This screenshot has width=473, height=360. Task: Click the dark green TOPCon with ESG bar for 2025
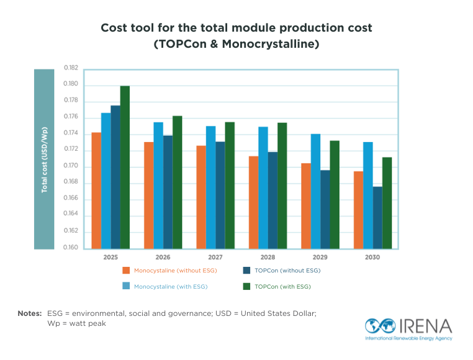tap(125, 168)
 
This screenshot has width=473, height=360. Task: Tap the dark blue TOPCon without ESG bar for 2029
tap(325, 209)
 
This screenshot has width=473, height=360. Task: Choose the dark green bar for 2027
tap(230, 186)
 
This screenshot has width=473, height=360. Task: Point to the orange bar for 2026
tap(148, 196)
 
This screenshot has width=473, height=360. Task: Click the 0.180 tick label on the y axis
tap(71, 84)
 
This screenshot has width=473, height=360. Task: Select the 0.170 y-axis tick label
tap(71, 166)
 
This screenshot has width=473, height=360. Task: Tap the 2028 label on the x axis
tap(268, 256)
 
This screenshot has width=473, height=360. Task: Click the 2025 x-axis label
tap(110, 256)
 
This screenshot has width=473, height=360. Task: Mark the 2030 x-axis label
tap(372, 256)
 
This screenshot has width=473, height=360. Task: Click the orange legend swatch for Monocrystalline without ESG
tap(125, 271)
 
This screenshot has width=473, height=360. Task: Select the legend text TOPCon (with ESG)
tap(282, 286)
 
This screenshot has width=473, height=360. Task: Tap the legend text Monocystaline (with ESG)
tap(171, 286)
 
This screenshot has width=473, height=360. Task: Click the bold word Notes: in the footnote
tap(29, 313)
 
